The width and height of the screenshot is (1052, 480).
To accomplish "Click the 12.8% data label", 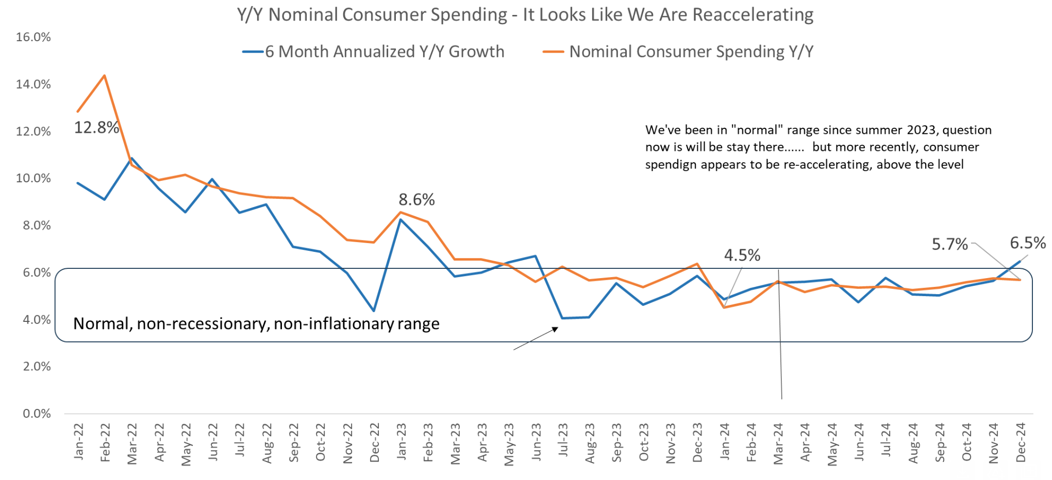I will point(96,128).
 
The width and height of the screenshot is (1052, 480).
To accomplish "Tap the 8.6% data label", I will point(416,200).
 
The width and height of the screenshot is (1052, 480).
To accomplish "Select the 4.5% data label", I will point(742,255).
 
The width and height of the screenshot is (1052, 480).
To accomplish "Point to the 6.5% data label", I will point(1027,243).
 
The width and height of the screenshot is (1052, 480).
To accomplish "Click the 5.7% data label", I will point(949,244).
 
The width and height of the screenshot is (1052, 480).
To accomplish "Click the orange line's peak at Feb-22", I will point(105,76).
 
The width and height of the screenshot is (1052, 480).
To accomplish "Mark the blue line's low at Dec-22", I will point(374,311).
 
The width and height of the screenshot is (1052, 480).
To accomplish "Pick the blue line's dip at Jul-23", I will point(562,318).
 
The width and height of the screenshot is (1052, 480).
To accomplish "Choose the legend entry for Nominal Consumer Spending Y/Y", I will point(691,52).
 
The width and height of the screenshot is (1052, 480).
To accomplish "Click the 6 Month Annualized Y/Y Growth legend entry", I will point(384,52).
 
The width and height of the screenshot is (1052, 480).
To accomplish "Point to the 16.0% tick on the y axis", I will point(34,37).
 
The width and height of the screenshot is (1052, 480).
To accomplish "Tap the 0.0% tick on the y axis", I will point(37,414).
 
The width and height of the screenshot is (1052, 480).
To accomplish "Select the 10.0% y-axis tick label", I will point(34,178).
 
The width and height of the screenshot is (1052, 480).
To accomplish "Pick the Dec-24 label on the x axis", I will point(1021,443).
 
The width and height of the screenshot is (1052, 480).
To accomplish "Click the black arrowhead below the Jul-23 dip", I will point(555,329).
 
